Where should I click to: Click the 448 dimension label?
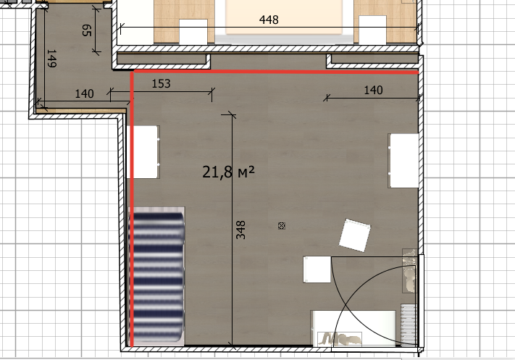point(269,20)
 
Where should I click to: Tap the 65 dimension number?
point(86,30)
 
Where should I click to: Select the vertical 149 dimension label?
point(51,59)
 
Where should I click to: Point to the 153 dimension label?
point(161,83)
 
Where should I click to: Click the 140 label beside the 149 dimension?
point(85,93)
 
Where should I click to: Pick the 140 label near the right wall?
point(373,90)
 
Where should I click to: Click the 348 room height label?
point(240,230)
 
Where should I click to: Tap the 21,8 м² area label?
point(228,172)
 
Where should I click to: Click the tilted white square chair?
point(355,235)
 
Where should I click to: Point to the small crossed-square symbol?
point(282,226)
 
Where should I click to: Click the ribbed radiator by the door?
point(409,325)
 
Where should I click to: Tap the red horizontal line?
point(275,72)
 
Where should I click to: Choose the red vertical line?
point(132,209)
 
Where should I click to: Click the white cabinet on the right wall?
point(403,161)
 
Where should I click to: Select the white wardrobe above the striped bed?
point(143,152)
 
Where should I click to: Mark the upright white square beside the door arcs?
point(317,269)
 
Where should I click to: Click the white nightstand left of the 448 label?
point(193,31)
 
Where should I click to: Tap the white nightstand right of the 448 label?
point(372,30)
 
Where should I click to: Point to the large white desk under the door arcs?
point(353,328)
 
